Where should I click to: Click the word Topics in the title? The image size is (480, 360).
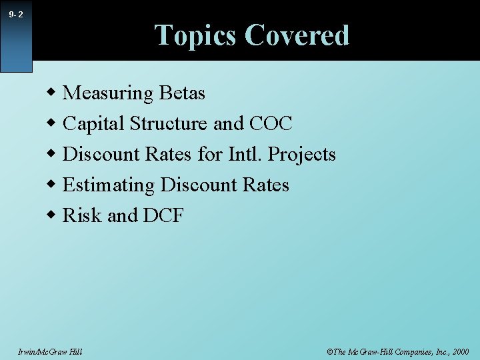(195, 35)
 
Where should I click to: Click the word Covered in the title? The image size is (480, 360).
(297, 35)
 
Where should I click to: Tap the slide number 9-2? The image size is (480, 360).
(17, 14)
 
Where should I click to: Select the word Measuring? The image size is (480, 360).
(108, 93)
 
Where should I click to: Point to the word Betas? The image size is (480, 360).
(182, 93)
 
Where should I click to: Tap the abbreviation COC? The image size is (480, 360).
(271, 124)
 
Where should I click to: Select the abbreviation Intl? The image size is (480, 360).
(246, 155)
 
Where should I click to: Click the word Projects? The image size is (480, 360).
(302, 155)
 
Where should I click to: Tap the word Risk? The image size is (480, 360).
(82, 216)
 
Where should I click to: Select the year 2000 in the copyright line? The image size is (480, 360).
(459, 351)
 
